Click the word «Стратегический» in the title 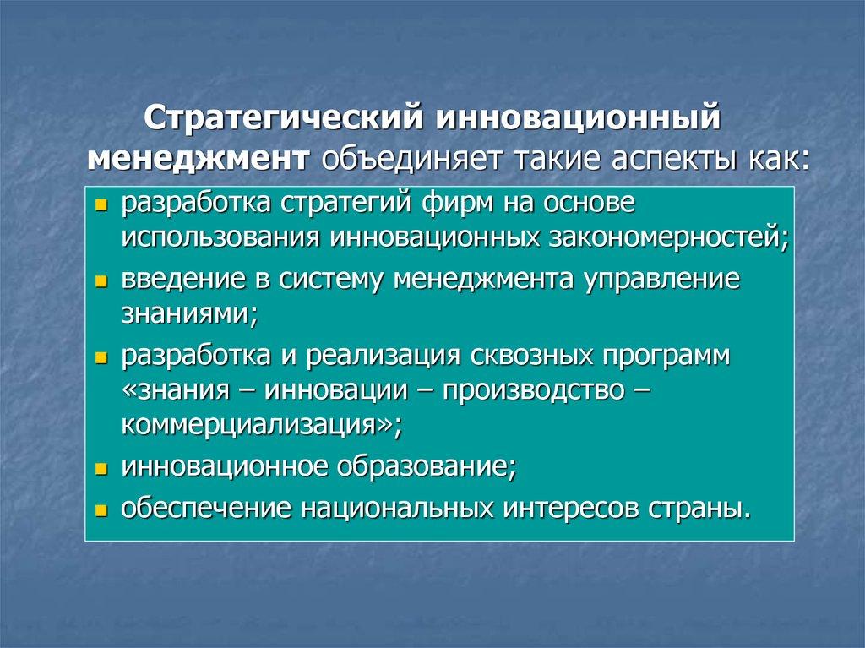pos(286,118)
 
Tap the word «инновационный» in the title pos(579,117)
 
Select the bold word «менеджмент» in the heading pos(198,159)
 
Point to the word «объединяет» pos(413,159)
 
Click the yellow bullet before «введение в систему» pos(101,282)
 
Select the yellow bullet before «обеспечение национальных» pos(101,511)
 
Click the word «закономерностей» pos(669,237)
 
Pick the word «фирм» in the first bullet pos(459,203)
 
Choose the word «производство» pos(535,390)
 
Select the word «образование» pos(427,466)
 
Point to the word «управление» pos(662,280)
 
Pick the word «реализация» pos(383,356)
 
